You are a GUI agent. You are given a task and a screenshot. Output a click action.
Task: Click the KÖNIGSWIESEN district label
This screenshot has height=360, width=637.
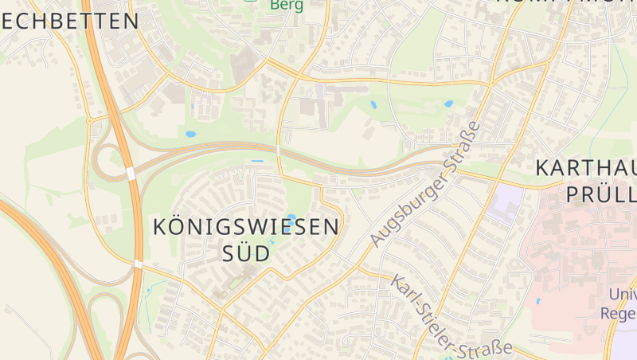click(x=245, y=227)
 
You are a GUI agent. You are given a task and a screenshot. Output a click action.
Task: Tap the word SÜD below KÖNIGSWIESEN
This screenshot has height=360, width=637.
click(x=244, y=254)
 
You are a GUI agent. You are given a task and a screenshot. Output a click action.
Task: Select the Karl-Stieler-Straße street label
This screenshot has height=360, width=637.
click(x=451, y=316)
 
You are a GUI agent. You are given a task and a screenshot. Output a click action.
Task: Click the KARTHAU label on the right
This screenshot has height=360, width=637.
click(x=585, y=168)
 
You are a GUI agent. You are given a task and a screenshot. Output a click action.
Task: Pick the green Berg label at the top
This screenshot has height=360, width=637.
click(x=287, y=5)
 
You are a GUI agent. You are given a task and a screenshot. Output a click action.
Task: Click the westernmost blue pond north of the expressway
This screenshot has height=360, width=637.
click(x=191, y=134)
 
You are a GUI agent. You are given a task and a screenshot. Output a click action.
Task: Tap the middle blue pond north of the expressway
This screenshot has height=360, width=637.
click(x=373, y=104)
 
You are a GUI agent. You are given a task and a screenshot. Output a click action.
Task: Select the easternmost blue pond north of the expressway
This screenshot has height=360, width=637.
click(x=448, y=104)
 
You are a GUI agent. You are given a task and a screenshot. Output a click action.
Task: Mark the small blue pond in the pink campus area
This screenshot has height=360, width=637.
click(x=538, y=302)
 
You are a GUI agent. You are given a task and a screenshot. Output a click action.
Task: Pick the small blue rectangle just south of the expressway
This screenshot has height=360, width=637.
click(x=257, y=162)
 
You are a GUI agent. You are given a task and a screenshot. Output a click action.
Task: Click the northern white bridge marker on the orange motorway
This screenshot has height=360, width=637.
click(x=130, y=173)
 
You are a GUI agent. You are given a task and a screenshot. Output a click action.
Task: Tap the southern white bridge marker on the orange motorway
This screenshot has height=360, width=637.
click(x=138, y=264)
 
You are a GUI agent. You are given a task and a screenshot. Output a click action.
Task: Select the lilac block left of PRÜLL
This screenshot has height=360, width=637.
click(x=505, y=204)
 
